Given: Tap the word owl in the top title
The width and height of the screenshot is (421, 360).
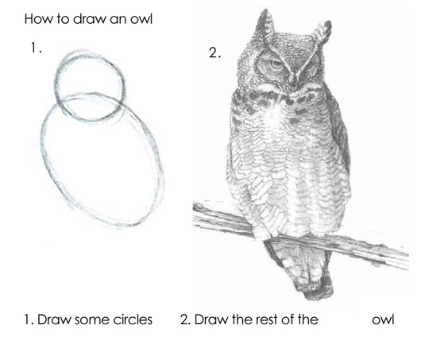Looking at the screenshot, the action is click(141, 19).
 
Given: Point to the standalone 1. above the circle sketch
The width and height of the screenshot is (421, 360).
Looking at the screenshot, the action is click(37, 48).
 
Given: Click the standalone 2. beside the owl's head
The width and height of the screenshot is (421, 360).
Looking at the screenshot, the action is click(214, 52).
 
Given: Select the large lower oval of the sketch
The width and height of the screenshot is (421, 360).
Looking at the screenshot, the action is click(43, 150).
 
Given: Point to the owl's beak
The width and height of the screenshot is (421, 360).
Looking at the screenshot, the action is click(294, 80).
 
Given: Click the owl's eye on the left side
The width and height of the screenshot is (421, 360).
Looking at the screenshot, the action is click(272, 64).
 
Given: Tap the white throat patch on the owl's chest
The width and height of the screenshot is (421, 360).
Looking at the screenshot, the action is click(275, 112).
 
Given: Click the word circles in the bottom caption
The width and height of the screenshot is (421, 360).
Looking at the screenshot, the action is click(133, 319).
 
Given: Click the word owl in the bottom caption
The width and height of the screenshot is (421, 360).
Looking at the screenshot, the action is click(383, 319).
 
